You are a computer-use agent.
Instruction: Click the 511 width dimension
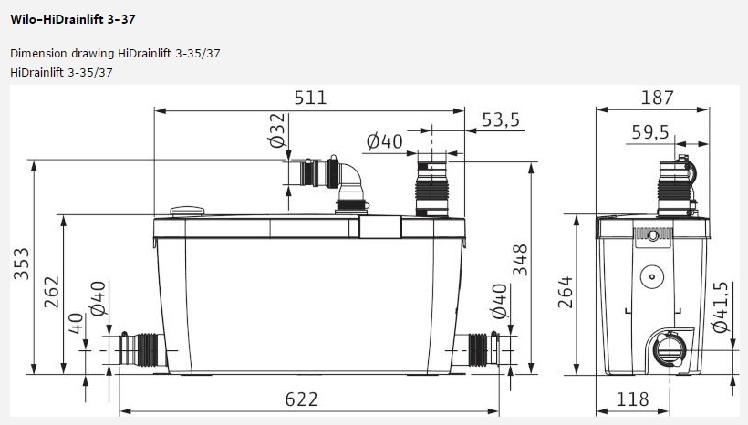click(x=310, y=98)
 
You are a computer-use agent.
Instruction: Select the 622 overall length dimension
click(x=301, y=399)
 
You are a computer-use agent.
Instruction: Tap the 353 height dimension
click(x=22, y=264)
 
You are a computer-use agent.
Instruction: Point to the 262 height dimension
click(x=51, y=292)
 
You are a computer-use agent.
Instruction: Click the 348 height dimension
click(x=521, y=260)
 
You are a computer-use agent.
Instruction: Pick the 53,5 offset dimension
click(x=501, y=119)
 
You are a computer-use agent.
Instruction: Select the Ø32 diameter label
click(x=276, y=130)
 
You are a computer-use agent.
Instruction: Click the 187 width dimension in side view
click(x=658, y=98)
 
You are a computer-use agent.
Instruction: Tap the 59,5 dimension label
click(x=650, y=132)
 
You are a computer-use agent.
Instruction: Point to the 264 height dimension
click(x=566, y=292)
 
